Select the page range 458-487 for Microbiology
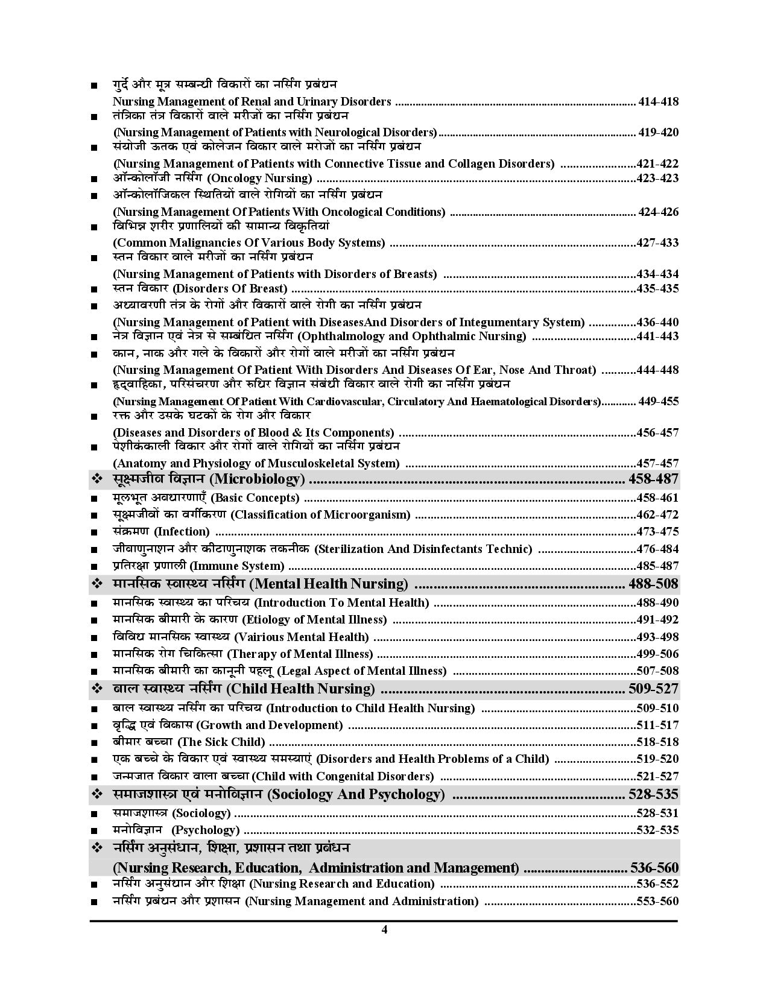pos(653,479)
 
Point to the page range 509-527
pos(653,689)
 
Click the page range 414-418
pos(658,101)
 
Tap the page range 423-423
pos(657,178)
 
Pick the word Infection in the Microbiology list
pos(182,531)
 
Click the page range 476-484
pos(657,549)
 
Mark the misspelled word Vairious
pos(258,637)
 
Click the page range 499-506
pos(657,654)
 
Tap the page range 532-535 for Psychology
pos(657,830)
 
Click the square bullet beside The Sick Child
pos(95,743)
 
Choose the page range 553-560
pos(657,901)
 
